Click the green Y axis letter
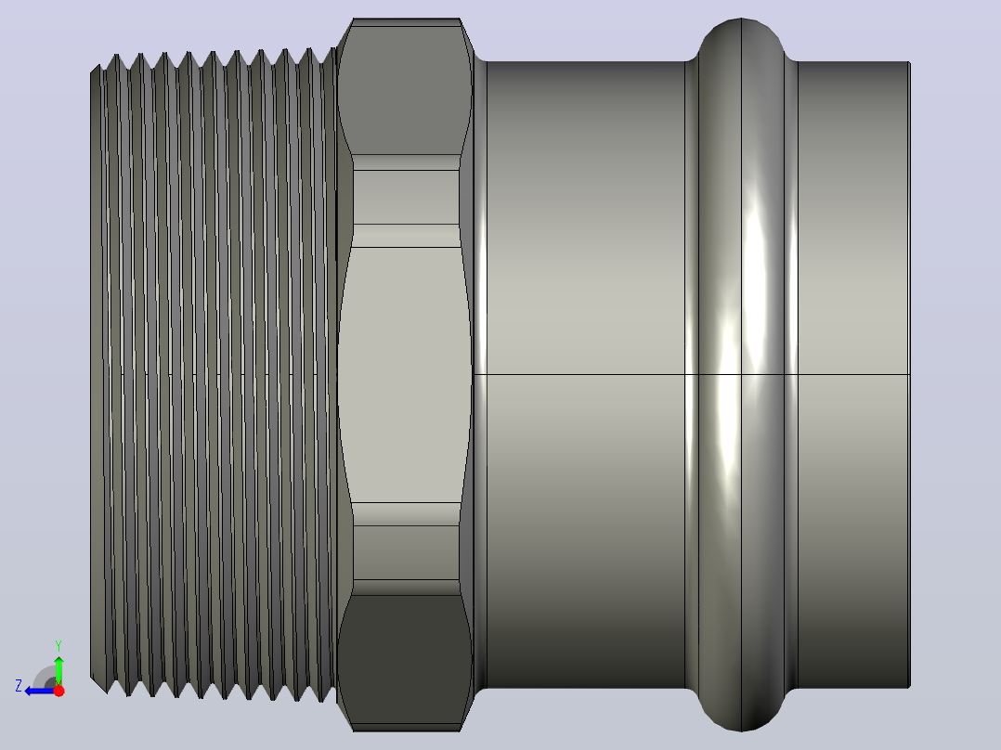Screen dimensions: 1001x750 58,645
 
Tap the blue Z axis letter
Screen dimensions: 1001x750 19,686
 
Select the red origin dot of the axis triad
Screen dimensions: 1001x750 58,691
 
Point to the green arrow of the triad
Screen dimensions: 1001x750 58,669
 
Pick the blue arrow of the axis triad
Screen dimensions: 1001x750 40,691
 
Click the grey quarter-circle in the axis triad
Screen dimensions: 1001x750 45,677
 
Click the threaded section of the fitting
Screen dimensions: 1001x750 214,375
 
